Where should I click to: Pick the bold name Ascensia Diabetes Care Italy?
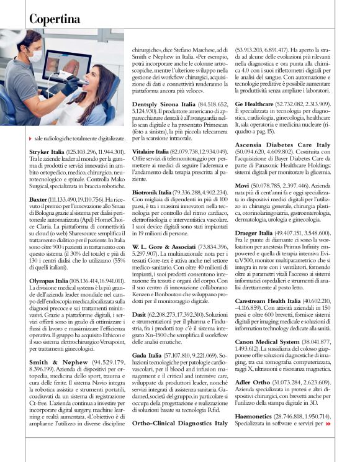click(x=282, y=145)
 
